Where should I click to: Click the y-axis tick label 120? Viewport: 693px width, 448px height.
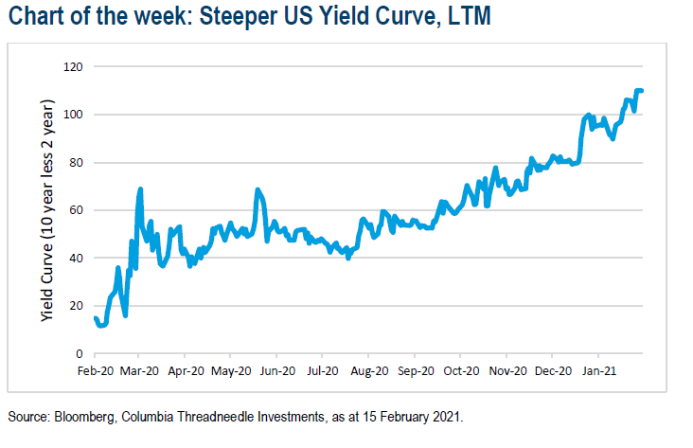(72, 67)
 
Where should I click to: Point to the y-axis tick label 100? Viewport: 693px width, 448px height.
(72, 115)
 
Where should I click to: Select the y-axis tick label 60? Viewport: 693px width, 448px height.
(75, 210)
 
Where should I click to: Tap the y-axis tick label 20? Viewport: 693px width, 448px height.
(75, 306)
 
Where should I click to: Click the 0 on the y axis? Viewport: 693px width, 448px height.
(78, 353)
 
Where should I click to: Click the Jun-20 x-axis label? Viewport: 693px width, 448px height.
(277, 371)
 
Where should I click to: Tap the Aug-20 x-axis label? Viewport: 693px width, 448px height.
(369, 371)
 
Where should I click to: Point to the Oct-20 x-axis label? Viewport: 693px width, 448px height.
(460, 371)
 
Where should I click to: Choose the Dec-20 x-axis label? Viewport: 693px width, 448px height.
(552, 371)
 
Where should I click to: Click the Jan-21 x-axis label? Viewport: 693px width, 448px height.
(597, 371)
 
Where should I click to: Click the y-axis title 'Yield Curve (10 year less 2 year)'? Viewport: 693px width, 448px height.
(46, 209)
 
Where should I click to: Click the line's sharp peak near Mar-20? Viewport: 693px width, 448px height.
(140, 189)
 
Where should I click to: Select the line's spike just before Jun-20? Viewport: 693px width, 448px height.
(257, 190)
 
